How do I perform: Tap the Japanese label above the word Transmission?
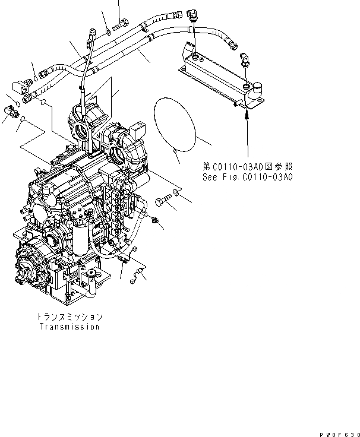point(70,317)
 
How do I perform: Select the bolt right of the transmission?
point(163,202)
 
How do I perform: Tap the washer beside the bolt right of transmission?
point(176,193)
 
